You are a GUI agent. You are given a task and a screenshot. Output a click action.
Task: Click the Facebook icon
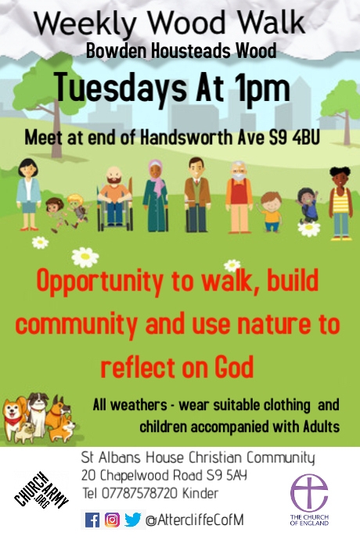pyautogui.click(x=92, y=520)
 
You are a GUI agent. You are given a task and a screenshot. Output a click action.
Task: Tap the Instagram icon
pyautogui.click(x=112, y=520)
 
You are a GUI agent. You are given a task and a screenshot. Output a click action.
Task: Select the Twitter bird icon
pyautogui.click(x=132, y=520)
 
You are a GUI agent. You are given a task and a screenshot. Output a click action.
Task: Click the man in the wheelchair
pyautogui.click(x=115, y=199)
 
